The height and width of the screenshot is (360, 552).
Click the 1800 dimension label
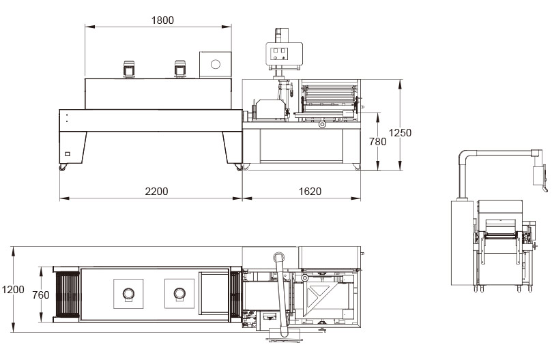[x=162, y=20]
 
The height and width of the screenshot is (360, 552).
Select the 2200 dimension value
[x=156, y=191]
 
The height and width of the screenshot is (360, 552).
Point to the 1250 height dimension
[x=400, y=133]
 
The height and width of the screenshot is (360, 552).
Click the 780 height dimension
[x=377, y=142]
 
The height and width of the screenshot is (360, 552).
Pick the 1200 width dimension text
[x=13, y=290]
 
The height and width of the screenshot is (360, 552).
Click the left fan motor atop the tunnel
[x=128, y=69]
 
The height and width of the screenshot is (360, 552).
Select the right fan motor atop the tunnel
[x=180, y=69]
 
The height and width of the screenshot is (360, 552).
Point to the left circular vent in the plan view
[x=128, y=293]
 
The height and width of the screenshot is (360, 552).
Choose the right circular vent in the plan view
[x=180, y=293]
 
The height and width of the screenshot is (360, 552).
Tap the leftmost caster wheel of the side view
[x=63, y=168]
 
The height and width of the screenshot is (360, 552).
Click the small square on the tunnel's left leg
[x=67, y=154]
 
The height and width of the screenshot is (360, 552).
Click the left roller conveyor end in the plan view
[x=67, y=294]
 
